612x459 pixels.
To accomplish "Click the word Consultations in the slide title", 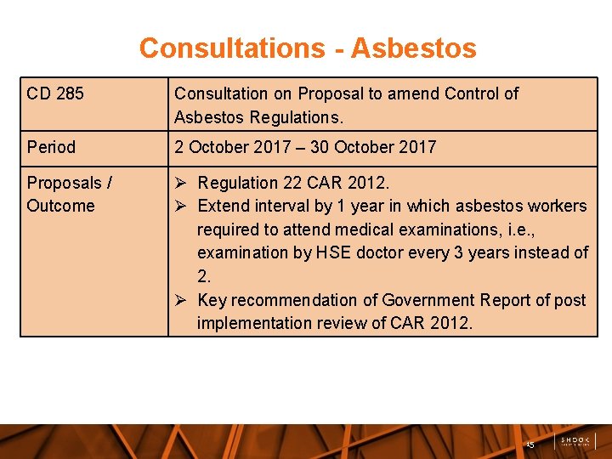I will [x=229, y=48].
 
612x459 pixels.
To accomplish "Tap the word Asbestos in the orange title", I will [x=413, y=48].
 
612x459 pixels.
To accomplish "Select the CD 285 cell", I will [x=55, y=93].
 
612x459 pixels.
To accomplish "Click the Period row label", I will [x=51, y=147].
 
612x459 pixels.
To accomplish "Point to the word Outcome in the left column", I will [x=60, y=206].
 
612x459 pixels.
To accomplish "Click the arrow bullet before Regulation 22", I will [x=180, y=183].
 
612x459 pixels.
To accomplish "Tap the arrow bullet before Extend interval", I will [x=180, y=206].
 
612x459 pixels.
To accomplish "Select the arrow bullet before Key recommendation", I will [x=180, y=300].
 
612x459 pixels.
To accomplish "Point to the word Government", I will [x=431, y=300].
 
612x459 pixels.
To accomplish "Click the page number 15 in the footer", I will [x=530, y=444].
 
